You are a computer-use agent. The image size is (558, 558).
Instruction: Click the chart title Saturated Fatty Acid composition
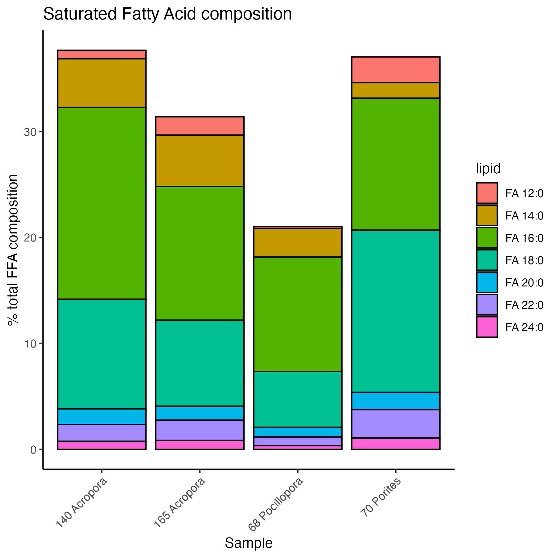point(167,14)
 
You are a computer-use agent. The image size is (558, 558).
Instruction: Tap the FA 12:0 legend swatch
point(487,193)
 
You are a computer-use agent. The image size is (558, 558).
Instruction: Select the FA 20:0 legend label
point(524,283)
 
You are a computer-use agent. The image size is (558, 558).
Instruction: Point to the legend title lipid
point(488,169)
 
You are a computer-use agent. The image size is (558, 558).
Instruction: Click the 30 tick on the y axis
point(30,132)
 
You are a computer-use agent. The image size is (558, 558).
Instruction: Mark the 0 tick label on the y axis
point(33,450)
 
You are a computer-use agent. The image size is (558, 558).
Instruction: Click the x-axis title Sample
point(248,543)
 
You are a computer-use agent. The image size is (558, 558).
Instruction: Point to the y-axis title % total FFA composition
point(13,250)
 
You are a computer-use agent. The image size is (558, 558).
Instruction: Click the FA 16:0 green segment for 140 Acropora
point(102,203)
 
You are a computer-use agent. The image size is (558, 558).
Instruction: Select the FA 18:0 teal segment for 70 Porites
point(396,311)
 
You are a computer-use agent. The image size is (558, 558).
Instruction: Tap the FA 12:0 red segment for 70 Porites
point(396,70)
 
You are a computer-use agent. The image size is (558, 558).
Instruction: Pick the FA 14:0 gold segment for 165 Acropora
point(200,161)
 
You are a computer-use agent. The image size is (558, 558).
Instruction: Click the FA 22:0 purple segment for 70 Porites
point(396,423)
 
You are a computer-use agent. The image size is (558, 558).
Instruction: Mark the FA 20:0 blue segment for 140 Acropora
point(102,416)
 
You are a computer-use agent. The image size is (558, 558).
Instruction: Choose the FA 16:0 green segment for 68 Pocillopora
point(298,314)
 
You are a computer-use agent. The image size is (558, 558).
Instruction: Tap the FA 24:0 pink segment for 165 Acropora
point(200,445)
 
